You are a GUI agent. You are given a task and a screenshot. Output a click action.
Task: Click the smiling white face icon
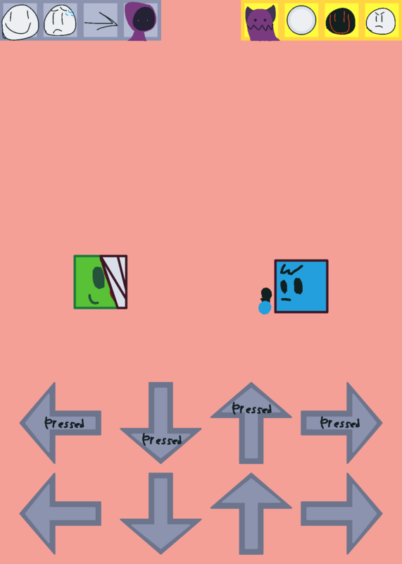pyautogui.click(x=20, y=22)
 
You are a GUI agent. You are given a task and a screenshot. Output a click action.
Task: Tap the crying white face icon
pyautogui.click(x=60, y=20)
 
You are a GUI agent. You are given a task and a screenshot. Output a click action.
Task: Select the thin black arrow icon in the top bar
pyautogui.click(x=101, y=24)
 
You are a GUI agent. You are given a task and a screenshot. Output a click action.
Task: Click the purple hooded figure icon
pyautogui.click(x=141, y=21)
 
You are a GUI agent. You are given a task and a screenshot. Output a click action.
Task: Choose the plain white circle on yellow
pyautogui.click(x=301, y=20)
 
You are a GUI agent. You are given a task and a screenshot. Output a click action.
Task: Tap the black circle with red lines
pyautogui.click(x=341, y=21)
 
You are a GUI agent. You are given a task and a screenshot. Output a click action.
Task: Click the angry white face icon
pyautogui.click(x=382, y=21)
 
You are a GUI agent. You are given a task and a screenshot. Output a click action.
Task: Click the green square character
pyautogui.click(x=101, y=282)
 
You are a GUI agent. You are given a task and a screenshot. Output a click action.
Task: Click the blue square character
pyautogui.click(x=301, y=286)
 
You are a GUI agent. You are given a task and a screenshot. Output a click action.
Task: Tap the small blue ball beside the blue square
pyautogui.click(x=265, y=308)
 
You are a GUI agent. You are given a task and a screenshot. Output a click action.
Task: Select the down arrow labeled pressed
pyautogui.click(x=161, y=422)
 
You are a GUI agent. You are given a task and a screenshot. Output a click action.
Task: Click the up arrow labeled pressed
pyautogui.click(x=251, y=422)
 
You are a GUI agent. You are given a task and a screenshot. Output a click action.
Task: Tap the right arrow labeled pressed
pyautogui.click(x=341, y=423)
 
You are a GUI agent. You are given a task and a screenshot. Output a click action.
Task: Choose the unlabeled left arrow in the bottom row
pyautogui.click(x=60, y=514)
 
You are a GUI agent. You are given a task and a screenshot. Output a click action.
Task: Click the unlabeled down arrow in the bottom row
pyautogui.click(x=161, y=514)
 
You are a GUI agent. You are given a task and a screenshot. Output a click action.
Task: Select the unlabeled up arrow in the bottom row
pyautogui.click(x=251, y=514)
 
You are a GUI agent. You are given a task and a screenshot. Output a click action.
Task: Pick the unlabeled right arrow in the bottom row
pyautogui.click(x=341, y=514)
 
